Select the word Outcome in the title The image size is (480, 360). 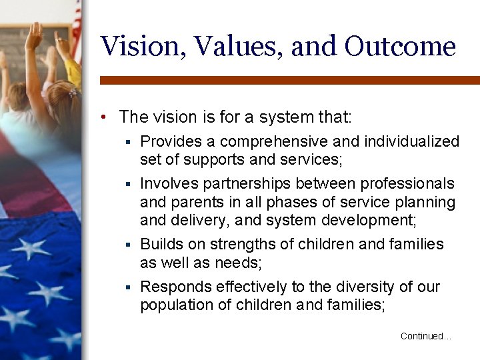click(x=400, y=47)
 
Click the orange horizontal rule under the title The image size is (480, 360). click(x=289, y=80)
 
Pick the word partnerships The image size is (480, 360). click(x=247, y=183)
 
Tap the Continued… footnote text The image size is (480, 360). click(x=425, y=336)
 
